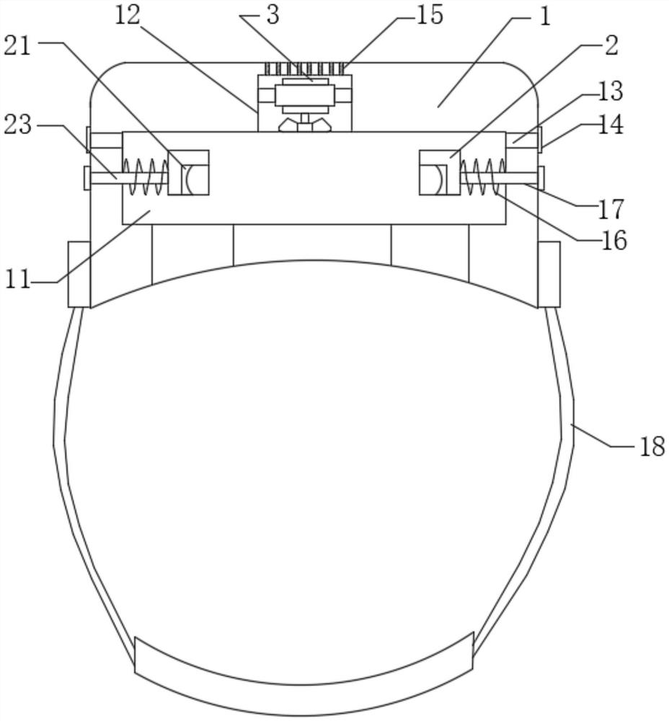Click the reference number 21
coord(17,47)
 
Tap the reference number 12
coord(127,15)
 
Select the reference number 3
coord(273,15)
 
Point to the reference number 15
coord(430,15)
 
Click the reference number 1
coord(545,17)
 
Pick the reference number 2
coord(611,46)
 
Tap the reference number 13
coord(610,91)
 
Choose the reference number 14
coord(610,125)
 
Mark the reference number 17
coord(611,209)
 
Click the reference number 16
coord(613,241)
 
